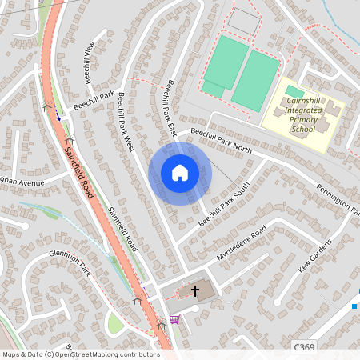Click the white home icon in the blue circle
click(x=180, y=173)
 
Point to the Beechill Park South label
click(x=225, y=203)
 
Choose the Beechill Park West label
click(x=126, y=121)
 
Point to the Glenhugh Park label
click(x=70, y=264)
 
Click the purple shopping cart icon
click(x=174, y=320)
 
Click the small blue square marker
click(x=354, y=306)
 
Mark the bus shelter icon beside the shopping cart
click(x=162, y=325)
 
